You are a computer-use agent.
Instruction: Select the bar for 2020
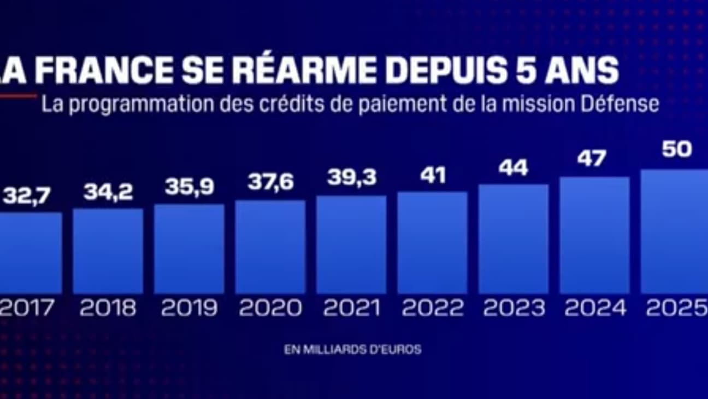tap(270, 247)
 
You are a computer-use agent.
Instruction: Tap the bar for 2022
tap(432, 242)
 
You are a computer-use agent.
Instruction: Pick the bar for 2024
tap(594, 235)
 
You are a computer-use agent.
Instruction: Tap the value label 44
tap(513, 168)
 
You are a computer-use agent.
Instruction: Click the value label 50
tap(676, 149)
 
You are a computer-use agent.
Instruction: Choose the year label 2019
tap(189, 308)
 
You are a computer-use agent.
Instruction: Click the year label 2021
tap(351, 308)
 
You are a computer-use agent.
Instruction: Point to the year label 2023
tap(514, 308)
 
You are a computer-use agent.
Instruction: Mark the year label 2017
tap(27, 308)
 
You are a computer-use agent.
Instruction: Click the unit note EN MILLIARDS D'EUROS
tap(352, 349)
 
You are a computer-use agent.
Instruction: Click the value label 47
tap(592, 159)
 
